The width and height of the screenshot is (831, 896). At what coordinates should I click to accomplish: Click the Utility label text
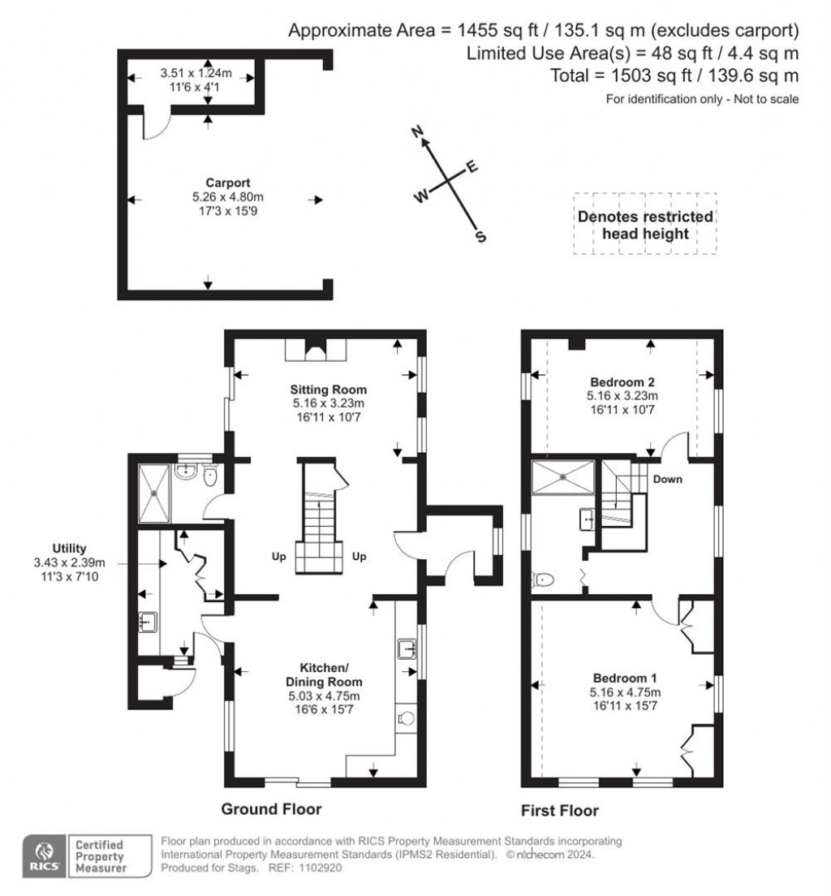point(69,549)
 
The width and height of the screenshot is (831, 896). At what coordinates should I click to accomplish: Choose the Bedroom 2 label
point(622,381)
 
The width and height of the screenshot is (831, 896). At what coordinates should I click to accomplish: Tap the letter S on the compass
point(480,237)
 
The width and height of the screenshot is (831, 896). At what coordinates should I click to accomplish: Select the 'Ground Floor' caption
point(272,809)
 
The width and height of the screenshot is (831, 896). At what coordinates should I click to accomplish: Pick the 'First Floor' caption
point(562,810)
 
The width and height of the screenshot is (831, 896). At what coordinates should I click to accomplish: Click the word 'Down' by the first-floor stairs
point(668,479)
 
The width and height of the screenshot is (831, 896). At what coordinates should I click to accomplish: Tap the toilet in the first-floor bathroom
point(545,579)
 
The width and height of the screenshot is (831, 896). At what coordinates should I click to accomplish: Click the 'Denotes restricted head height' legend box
point(645,225)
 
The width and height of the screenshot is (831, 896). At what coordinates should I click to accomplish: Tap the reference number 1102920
point(321,868)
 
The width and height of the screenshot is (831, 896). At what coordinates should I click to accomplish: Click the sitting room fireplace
point(316,349)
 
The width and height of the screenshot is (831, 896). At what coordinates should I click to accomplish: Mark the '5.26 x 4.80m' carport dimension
point(227,196)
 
